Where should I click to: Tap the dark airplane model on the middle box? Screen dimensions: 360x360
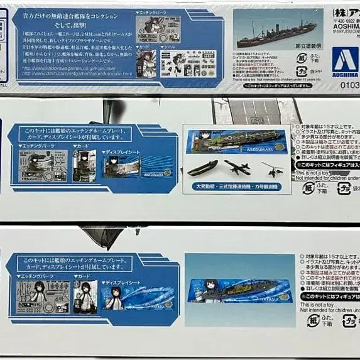238,166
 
